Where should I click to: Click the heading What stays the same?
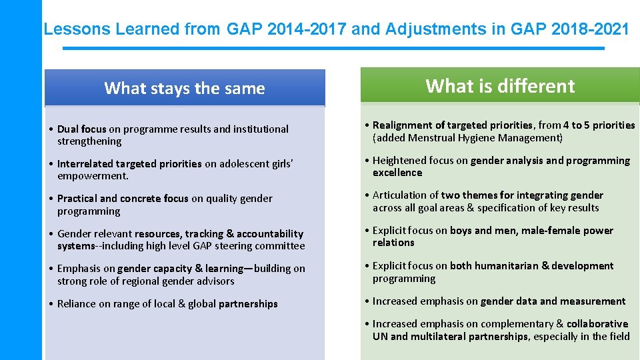coord(185,88)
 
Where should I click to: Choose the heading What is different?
coord(500,86)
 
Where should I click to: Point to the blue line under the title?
coord(333,48)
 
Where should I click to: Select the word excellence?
coord(397,173)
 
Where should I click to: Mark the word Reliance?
coord(78,304)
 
